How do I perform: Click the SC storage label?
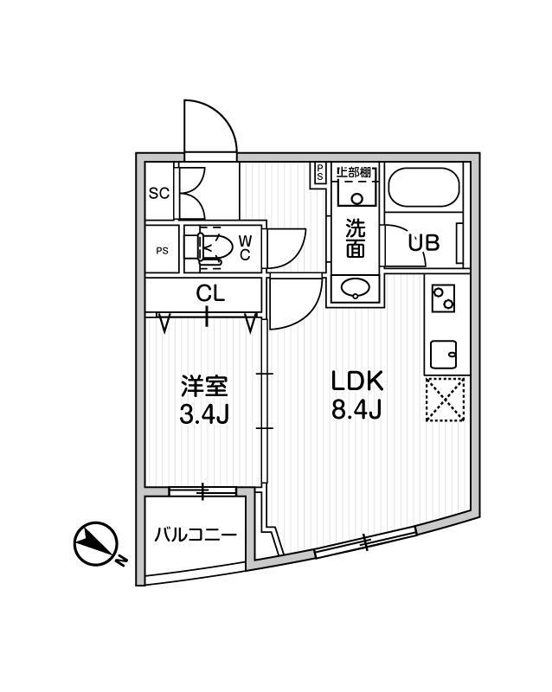point(159,193)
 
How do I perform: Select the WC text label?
point(245,247)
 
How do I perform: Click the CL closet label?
point(210,293)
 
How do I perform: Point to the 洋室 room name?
point(204,386)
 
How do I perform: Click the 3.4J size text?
point(204,414)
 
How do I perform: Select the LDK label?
point(356,381)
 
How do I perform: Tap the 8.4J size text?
point(356,410)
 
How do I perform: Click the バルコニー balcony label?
point(196,535)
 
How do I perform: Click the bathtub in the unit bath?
point(424,187)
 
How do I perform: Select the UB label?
point(423,243)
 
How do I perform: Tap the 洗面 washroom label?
point(356,239)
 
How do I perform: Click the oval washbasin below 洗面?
point(356,288)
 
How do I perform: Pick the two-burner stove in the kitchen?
point(443,298)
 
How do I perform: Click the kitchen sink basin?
point(444,354)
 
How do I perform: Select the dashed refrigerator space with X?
point(446,400)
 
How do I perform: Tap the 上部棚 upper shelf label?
point(353,171)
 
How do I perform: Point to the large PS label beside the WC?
point(162,251)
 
